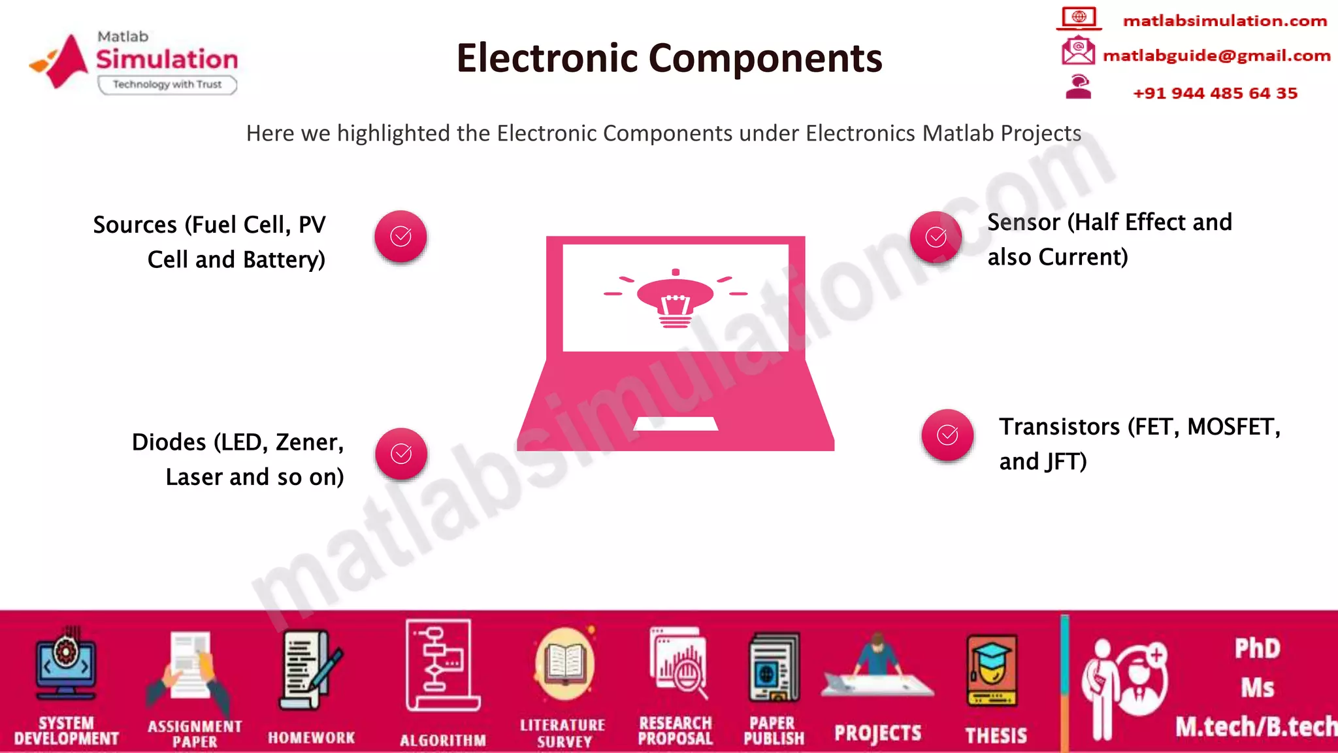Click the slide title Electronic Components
(669, 58)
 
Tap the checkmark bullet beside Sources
(400, 237)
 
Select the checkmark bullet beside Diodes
(401, 454)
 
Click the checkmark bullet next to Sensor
(936, 237)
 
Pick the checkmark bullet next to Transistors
(947, 435)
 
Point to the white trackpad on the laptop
(676, 424)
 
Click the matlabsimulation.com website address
(1224, 21)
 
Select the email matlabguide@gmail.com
(1216, 56)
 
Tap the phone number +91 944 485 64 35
(1215, 93)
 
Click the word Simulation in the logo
(167, 59)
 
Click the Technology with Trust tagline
(167, 84)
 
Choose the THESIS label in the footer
(996, 735)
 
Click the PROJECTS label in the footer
(877, 733)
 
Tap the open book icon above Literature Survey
(564, 663)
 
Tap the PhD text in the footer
(1257, 648)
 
